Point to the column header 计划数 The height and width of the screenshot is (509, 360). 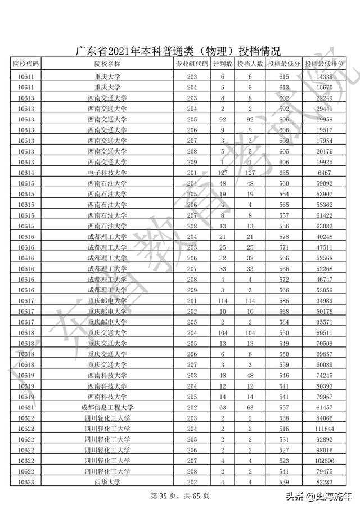[x=223, y=64]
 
